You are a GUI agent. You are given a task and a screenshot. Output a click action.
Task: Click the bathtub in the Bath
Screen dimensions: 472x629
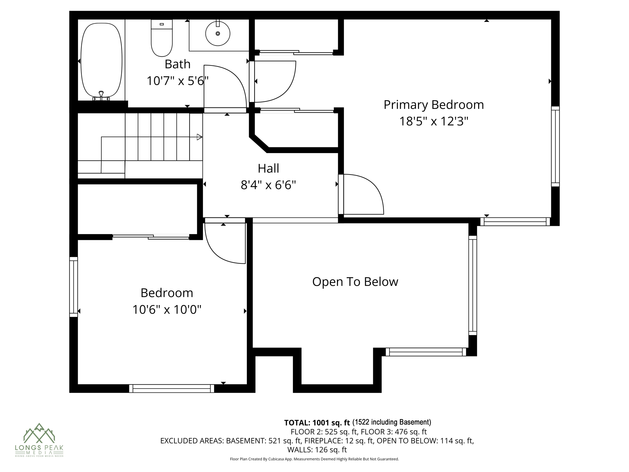[x=101, y=60]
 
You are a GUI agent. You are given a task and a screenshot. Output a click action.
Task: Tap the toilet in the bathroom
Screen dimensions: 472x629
[x=162, y=38]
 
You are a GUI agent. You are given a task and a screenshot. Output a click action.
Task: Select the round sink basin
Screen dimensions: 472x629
[x=218, y=33]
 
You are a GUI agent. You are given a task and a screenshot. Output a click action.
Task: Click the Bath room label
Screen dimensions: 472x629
[x=178, y=64]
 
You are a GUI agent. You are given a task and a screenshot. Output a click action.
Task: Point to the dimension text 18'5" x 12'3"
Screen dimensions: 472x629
[x=433, y=121]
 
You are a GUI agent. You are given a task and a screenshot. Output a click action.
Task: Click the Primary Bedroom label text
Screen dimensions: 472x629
[x=433, y=105]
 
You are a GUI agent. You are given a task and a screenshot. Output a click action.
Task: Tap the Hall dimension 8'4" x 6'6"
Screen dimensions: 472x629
[x=268, y=185]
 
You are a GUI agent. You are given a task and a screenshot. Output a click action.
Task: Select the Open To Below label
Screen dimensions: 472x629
[x=355, y=282]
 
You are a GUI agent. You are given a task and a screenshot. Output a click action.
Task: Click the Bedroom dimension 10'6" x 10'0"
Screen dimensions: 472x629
[x=167, y=309]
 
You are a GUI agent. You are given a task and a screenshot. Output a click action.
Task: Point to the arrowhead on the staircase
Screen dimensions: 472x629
[x=199, y=137]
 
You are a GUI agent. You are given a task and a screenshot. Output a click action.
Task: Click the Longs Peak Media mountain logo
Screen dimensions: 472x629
[x=39, y=433]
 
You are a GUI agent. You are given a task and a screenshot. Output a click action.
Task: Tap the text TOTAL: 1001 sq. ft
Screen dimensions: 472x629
[x=317, y=423]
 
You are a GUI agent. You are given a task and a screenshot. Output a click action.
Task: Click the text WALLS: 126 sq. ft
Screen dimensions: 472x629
[x=317, y=450]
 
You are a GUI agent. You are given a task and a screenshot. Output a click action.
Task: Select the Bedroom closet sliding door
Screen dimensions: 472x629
[x=151, y=237]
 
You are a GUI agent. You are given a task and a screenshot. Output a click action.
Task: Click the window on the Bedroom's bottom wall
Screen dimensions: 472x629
[x=171, y=388]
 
